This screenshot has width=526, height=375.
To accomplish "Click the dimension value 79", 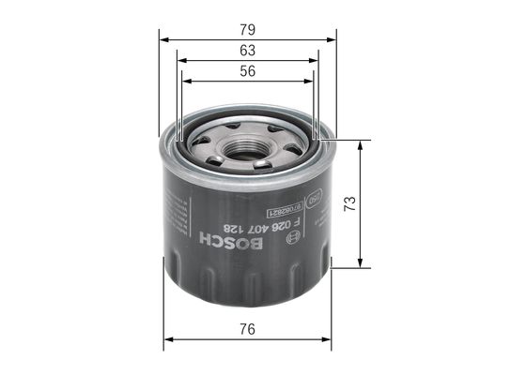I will pyautogui.click(x=247, y=29).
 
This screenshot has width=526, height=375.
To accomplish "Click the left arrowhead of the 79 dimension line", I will pyautogui.click(x=163, y=40).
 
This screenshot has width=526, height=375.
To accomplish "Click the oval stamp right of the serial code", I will pyautogui.click(x=317, y=198).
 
